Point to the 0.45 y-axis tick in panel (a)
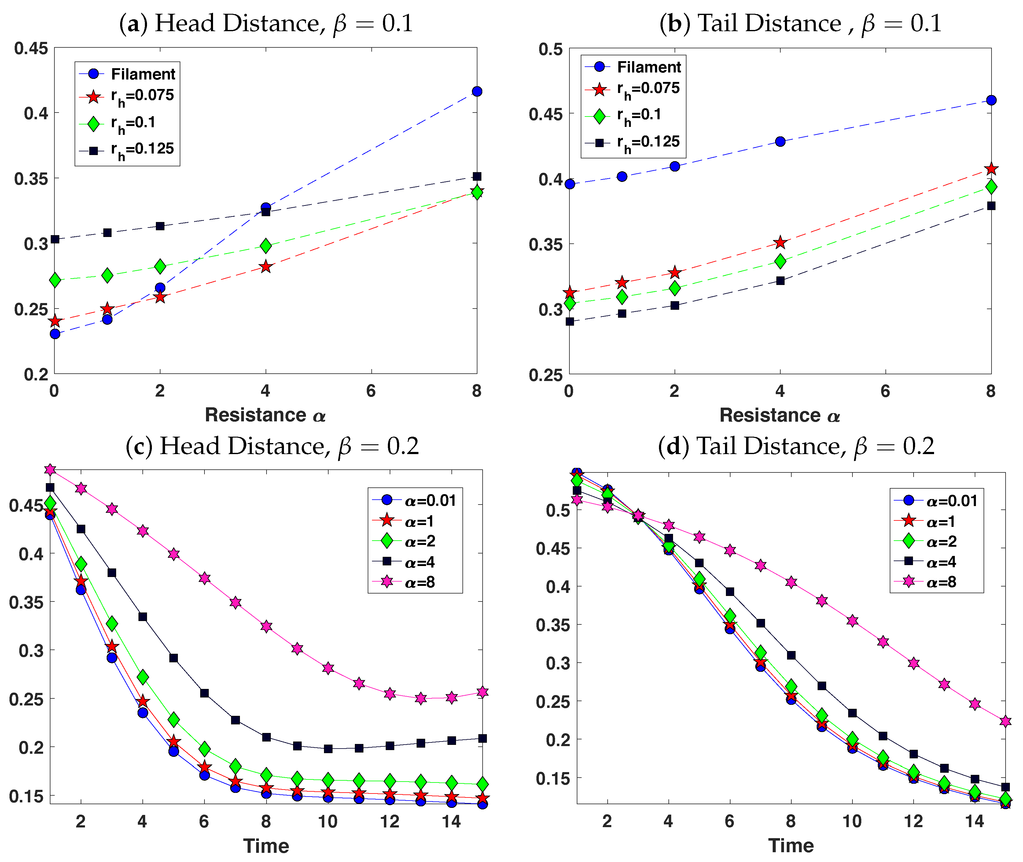[31, 48]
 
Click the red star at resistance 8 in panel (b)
[991, 169]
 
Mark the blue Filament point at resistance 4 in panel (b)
[780, 142]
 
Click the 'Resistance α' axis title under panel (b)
[780, 415]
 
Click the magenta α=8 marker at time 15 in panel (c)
[483, 692]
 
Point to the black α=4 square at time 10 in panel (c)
[328, 748]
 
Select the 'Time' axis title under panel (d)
[791, 845]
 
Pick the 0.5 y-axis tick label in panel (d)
[558, 510]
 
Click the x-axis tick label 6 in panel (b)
[885, 391]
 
